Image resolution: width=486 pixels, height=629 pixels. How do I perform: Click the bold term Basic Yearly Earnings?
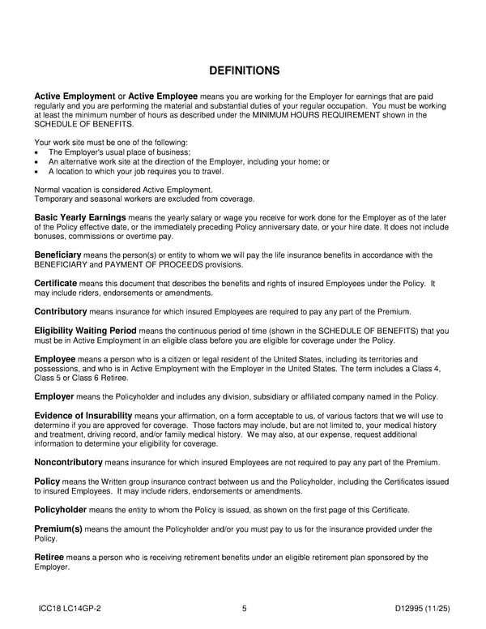(x=79, y=217)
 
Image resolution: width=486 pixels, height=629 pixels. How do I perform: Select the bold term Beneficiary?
(x=58, y=255)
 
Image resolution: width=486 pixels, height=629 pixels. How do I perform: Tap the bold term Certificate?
(x=55, y=283)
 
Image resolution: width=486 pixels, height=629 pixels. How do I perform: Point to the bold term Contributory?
(x=60, y=311)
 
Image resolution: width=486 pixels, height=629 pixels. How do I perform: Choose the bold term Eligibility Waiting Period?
(x=85, y=331)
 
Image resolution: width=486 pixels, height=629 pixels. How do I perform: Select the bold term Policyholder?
(x=64, y=509)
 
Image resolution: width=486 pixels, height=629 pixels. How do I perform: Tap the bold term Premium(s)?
(x=58, y=528)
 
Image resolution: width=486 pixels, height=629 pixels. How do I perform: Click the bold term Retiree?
(x=49, y=557)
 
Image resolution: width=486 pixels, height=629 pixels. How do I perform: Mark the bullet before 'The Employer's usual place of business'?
(x=37, y=152)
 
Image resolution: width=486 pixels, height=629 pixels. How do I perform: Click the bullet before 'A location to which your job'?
(x=37, y=171)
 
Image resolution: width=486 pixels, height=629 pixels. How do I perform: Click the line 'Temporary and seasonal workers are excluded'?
(x=144, y=199)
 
